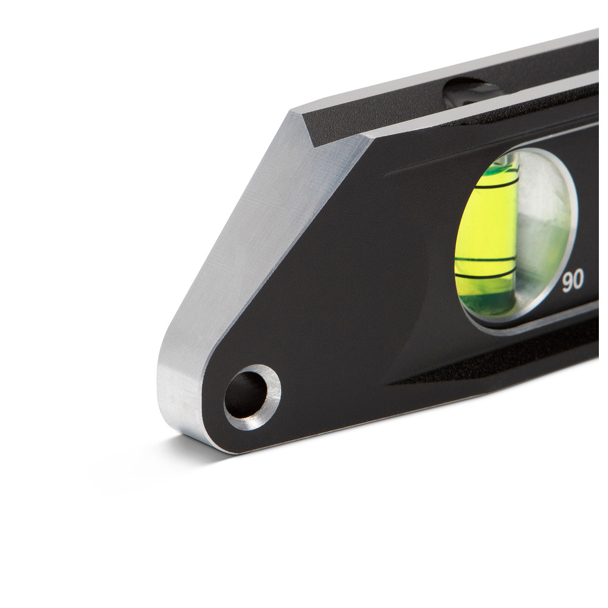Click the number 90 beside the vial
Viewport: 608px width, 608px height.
(573, 281)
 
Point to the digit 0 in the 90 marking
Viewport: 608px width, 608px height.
(579, 280)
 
